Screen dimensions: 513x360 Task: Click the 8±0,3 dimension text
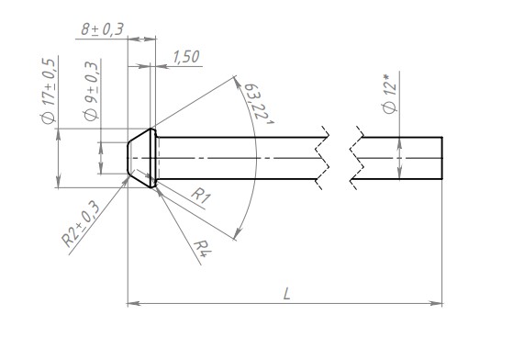(103, 28)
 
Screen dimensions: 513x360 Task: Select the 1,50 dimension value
(185, 57)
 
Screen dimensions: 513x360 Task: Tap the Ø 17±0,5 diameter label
(49, 91)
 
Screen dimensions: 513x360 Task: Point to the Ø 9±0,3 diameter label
(91, 92)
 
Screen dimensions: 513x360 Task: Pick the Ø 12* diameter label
(390, 94)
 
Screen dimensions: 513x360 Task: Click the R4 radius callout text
(203, 249)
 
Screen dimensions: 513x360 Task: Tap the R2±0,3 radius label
(81, 224)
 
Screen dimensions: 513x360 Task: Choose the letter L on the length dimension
(286, 294)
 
